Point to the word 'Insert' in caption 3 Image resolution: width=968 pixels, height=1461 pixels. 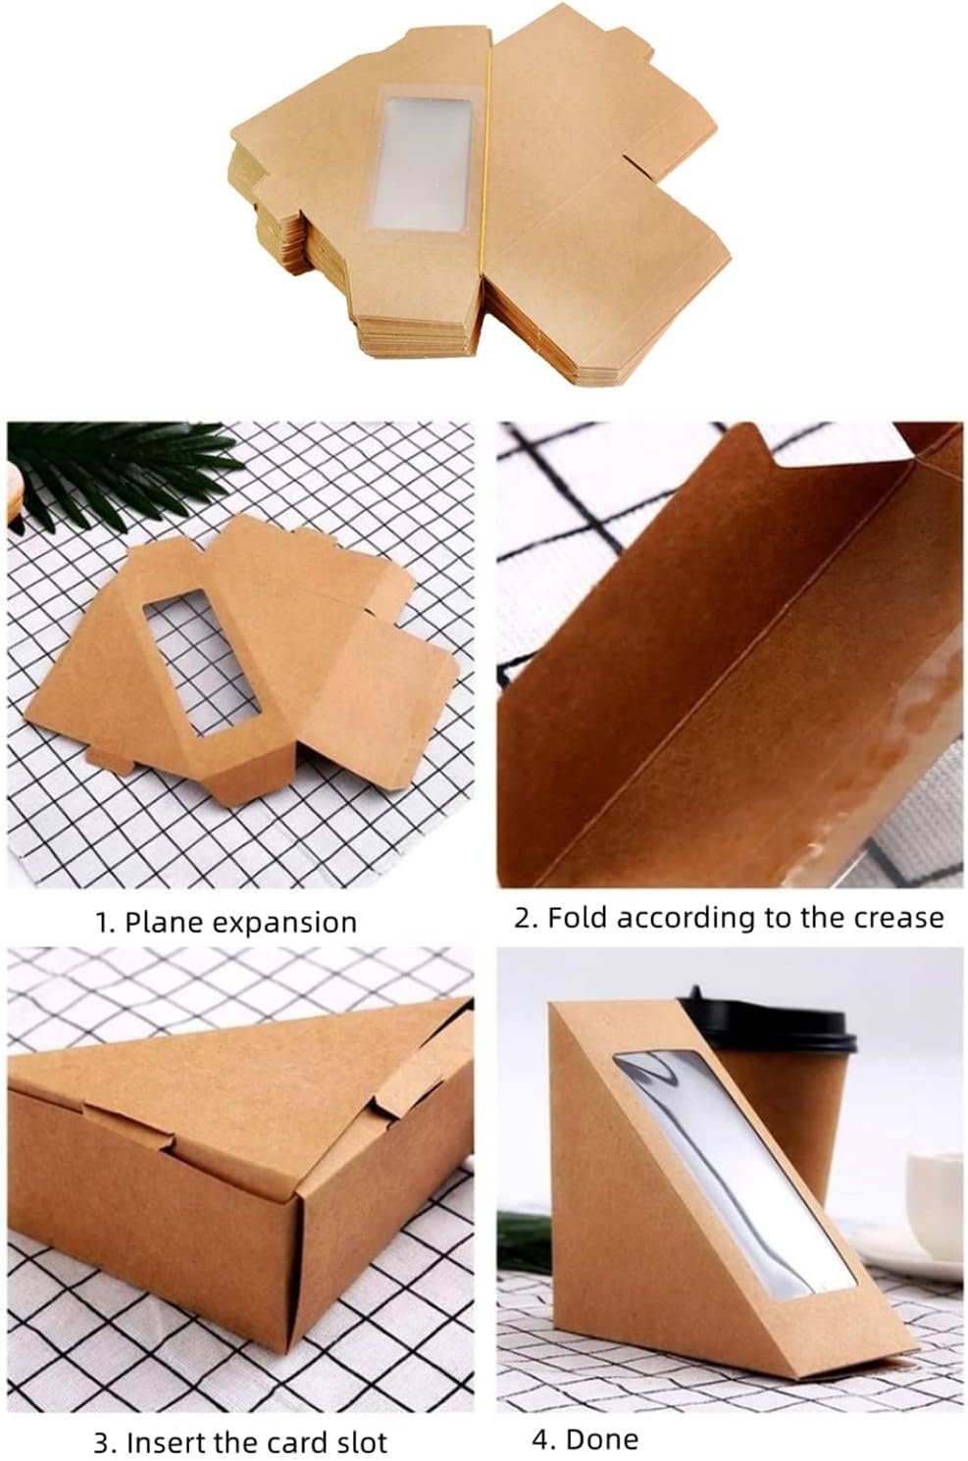[x=167, y=1442]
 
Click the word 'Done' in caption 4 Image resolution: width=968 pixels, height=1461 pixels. [x=601, y=1438]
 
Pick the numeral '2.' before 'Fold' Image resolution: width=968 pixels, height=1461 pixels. [x=527, y=918]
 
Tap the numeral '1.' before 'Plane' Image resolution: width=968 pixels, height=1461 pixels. [x=106, y=923]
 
